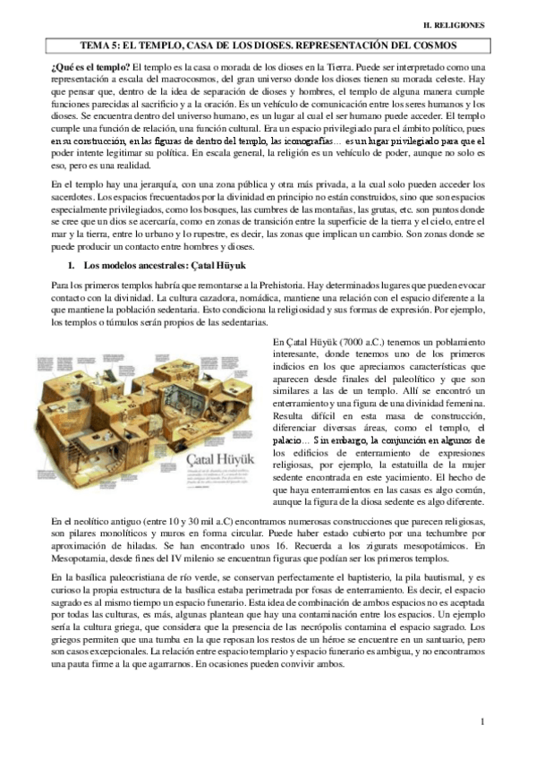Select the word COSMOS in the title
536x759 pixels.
[x=432, y=44]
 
